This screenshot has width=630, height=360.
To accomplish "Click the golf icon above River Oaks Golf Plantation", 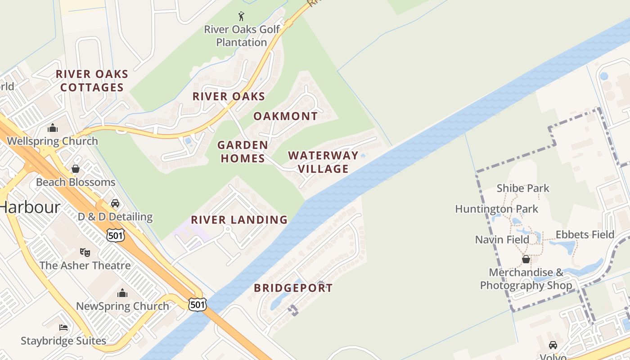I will (242, 17).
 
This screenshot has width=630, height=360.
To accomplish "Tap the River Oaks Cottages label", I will (92, 81).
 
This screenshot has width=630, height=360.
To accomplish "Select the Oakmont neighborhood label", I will (285, 116).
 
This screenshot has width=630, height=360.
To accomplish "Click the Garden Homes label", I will (243, 152).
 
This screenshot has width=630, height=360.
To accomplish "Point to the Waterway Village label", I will (323, 162).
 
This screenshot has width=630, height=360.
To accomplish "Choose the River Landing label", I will (239, 220).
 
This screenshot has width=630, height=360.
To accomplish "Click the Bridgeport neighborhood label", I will (293, 288).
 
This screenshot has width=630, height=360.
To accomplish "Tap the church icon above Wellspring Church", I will (53, 128).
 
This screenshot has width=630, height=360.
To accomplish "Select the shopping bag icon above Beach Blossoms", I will (76, 169).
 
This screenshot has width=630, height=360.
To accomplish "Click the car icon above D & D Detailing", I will (115, 203).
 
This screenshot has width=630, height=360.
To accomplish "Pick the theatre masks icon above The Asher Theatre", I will (85, 252).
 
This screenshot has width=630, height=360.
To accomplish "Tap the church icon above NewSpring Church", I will (122, 293).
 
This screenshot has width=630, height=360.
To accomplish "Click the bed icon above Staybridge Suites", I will (63, 328).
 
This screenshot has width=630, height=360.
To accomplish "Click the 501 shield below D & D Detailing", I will (116, 234).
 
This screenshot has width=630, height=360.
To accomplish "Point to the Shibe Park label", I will (523, 188).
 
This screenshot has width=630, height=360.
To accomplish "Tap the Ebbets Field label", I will (585, 234).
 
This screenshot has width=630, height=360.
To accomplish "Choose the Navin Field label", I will (502, 239).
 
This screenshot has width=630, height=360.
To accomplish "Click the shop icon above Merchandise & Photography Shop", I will (526, 259).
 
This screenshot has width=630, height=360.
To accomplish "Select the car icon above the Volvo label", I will (553, 345).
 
